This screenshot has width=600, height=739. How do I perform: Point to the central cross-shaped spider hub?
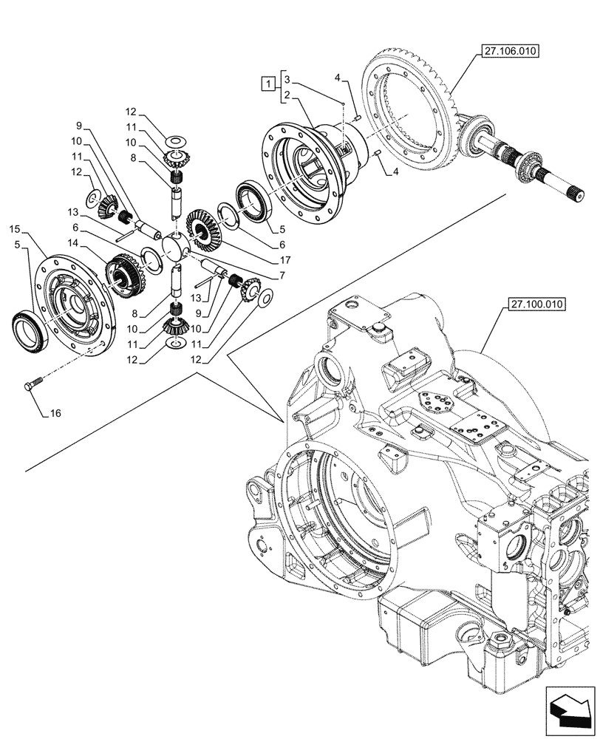tap(177, 245)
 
